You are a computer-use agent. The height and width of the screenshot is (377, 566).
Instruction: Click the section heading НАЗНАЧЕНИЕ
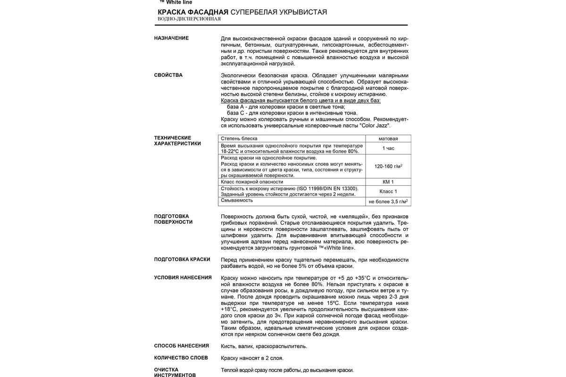tap(171, 38)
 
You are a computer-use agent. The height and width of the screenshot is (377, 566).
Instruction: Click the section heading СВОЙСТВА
tap(168, 75)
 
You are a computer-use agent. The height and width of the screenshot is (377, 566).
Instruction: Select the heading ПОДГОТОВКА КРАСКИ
tap(182, 260)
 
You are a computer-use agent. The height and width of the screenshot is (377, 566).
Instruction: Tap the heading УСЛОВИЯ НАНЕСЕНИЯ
tap(183, 278)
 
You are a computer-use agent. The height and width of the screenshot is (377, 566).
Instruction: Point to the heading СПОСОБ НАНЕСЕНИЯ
tap(181, 345)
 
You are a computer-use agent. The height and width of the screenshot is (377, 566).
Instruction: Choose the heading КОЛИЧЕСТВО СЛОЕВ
tap(181, 358)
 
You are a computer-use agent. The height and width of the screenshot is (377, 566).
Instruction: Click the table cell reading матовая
tap(388, 139)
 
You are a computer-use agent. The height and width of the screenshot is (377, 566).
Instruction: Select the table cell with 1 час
tap(388, 148)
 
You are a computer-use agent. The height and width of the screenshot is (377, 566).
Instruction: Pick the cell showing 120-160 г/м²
tap(388, 166)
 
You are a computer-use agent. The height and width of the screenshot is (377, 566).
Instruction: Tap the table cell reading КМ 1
tap(388, 181)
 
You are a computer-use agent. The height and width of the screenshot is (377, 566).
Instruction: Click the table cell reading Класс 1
tap(388, 191)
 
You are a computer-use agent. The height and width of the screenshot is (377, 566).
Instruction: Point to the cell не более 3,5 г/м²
tap(388, 201)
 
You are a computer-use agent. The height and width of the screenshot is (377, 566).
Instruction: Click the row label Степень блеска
tap(239, 139)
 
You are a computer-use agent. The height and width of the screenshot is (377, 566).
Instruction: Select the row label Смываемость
tap(237, 200)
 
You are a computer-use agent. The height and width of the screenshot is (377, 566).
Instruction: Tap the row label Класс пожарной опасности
tap(252, 181)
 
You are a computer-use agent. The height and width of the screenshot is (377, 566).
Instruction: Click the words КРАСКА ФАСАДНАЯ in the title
tap(193, 12)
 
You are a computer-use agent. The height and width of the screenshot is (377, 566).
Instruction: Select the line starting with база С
tap(292, 113)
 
